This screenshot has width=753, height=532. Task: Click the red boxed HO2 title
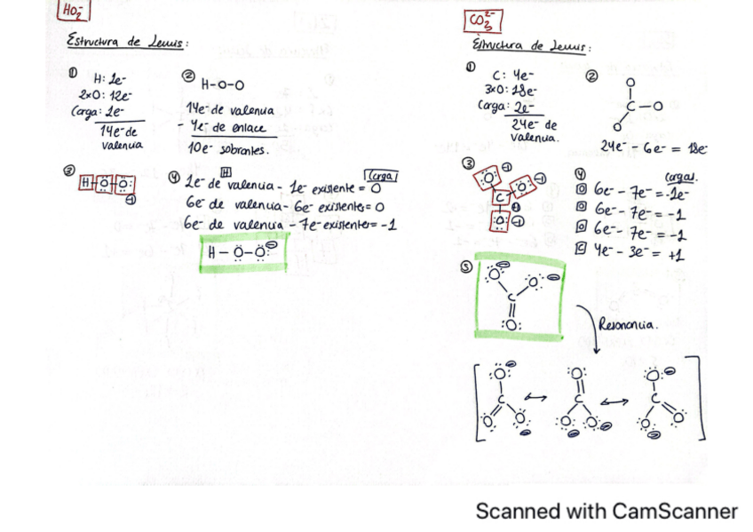tap(72, 12)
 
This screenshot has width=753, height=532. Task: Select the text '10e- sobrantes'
tap(227, 150)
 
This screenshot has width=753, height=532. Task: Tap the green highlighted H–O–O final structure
tap(242, 252)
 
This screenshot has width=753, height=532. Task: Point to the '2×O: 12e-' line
tap(105, 94)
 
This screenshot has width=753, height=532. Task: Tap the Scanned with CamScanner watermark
tap(606, 511)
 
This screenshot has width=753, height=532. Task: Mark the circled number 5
tap(466, 265)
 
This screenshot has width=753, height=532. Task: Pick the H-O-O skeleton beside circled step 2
tap(222, 85)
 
